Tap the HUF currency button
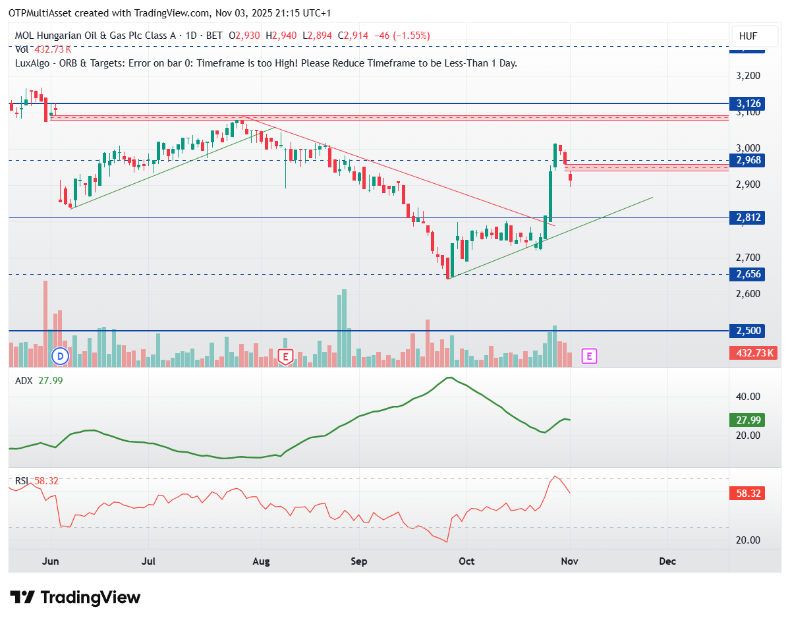coord(748,36)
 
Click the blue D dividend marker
coord(61,356)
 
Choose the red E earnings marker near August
coord(285,356)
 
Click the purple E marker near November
coord(589,356)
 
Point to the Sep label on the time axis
coord(358,562)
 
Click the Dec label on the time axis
coord(667,562)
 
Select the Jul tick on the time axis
coord(148,562)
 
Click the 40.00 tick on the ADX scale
coord(748,397)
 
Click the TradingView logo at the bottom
coord(76,598)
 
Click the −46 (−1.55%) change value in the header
coord(401,36)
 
